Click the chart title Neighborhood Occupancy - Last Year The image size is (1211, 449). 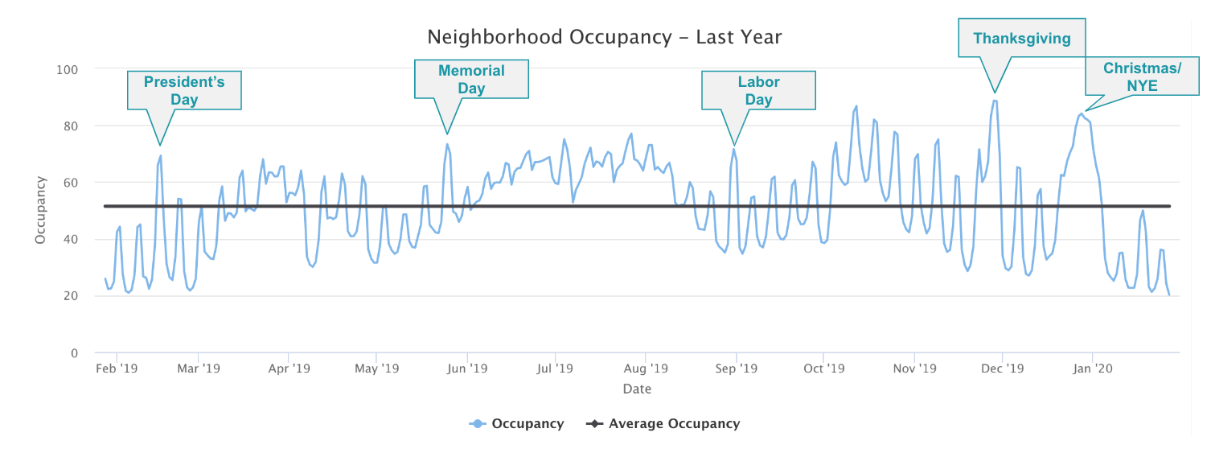pos(604,37)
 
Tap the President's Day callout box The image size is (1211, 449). pos(184,90)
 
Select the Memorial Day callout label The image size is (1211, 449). pos(471,80)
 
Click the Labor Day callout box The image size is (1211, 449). pos(758,90)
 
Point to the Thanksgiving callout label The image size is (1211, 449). pos(1021,38)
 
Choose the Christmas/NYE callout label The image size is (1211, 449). pos(1142,76)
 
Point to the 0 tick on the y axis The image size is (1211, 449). pos(74,353)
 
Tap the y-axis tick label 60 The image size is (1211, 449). pos(70,183)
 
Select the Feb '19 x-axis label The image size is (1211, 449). pos(117,369)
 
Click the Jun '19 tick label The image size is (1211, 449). pos(466,369)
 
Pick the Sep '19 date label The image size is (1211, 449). pos(736,369)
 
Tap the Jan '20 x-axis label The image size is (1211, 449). pos(1093,369)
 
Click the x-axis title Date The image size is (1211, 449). pos(637,389)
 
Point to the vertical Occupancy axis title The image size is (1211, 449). pos(40,211)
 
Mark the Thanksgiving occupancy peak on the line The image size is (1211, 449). pos(995,101)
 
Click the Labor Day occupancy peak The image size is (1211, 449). pos(733,149)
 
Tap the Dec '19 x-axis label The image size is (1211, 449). pos(1003,369)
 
